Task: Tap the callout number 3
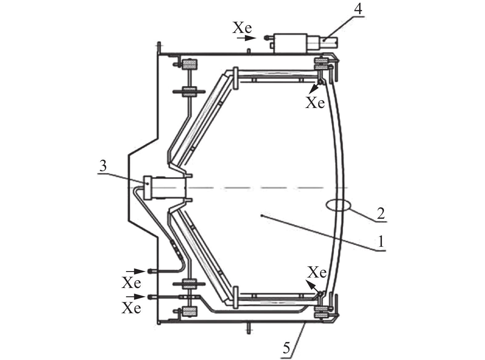click(103, 166)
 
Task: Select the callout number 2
click(381, 214)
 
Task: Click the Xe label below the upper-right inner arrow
click(315, 103)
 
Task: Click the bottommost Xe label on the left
click(131, 308)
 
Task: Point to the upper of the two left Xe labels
click(131, 283)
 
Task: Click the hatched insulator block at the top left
click(190, 65)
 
